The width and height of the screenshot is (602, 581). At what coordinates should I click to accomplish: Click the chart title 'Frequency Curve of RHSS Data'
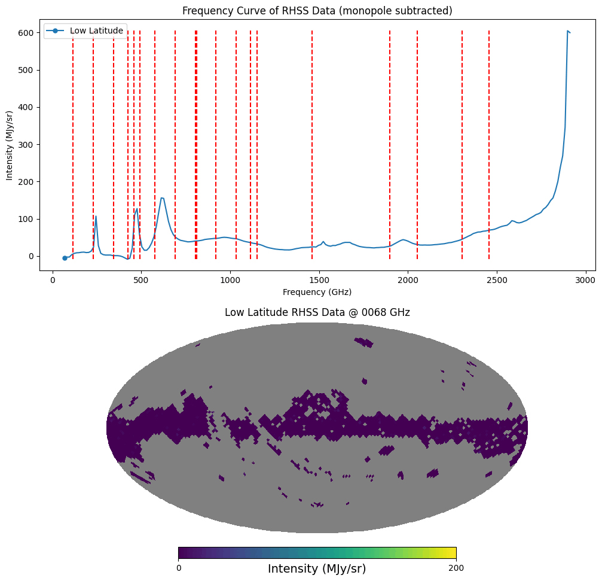[x=317, y=11]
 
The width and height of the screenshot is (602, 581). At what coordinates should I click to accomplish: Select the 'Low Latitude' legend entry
[x=96, y=31]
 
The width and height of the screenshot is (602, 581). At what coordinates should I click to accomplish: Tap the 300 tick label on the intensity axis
[x=28, y=145]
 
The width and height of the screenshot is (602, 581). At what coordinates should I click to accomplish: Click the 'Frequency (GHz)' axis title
[x=317, y=292]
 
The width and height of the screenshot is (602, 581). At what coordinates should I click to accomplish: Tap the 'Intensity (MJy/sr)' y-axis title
[x=10, y=145]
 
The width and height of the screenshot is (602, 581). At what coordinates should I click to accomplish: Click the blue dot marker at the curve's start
[x=65, y=258]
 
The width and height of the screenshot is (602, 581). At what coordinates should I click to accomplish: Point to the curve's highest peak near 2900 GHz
[x=567, y=31]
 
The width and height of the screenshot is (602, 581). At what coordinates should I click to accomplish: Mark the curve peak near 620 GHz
[x=161, y=198]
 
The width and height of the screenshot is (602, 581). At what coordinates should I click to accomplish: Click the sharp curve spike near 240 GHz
[x=96, y=217]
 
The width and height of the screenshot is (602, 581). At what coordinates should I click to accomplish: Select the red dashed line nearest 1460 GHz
[x=312, y=144]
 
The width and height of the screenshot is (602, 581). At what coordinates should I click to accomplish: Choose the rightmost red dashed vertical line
[x=489, y=144]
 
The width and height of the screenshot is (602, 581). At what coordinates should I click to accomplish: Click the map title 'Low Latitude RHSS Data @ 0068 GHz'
[x=317, y=312]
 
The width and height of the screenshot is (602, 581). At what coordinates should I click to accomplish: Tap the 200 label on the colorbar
[x=456, y=567]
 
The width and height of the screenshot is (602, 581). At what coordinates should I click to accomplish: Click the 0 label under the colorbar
[x=179, y=567]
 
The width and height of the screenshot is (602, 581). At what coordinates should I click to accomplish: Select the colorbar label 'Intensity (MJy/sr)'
[x=317, y=568]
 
